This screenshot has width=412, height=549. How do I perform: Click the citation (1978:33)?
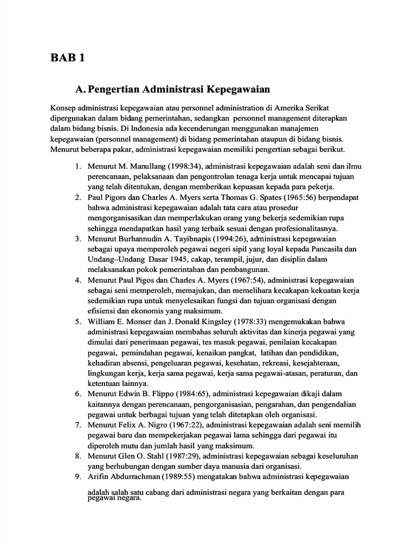245,322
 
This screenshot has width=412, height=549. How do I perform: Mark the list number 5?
78,322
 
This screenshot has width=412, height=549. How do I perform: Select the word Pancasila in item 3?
332,249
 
